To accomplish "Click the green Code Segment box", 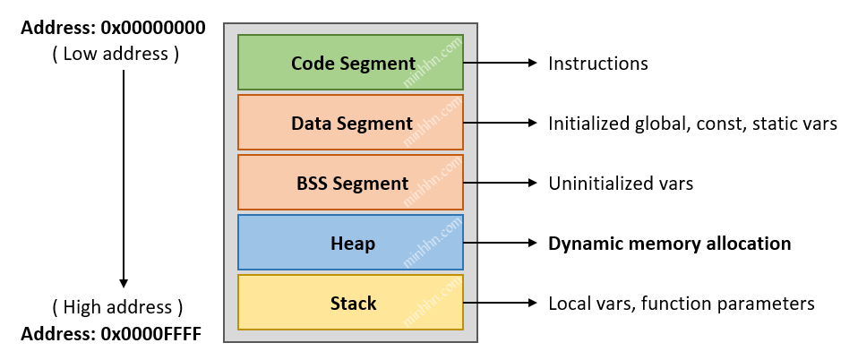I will click(350, 63).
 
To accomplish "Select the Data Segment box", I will click(350, 123).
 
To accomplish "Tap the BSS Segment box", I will click(350, 183).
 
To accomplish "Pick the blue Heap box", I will click(350, 243).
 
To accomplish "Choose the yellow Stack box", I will click(350, 303).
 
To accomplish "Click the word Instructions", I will click(597, 64).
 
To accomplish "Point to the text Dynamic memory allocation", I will click(669, 244).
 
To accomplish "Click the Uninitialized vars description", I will click(621, 184).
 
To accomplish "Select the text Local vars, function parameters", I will click(681, 304).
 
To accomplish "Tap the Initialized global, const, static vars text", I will click(692, 124).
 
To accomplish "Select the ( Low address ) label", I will click(116, 54).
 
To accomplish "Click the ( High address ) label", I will click(116, 308).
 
